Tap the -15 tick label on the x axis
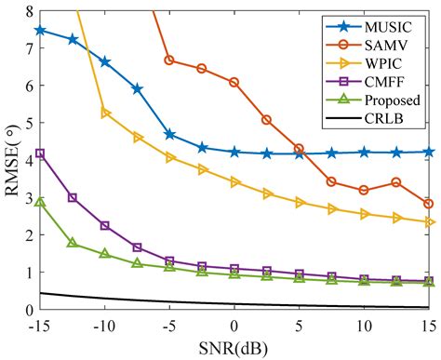[39, 327]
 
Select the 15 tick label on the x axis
[428, 327]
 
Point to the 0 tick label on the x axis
[234, 327]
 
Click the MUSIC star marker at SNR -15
[40, 30]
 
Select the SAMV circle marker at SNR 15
[428, 204]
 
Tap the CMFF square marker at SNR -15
[40, 153]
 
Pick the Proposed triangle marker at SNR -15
[40, 202]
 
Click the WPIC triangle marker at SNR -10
[105, 113]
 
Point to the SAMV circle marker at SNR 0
[234, 82]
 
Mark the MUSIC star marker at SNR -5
[169, 135]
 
